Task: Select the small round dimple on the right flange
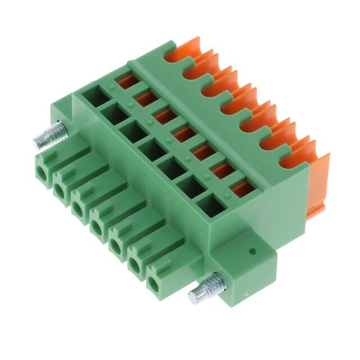coord(253,250)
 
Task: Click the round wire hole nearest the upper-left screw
coord(40,169)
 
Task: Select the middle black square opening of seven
coord(151,149)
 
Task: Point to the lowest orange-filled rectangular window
coord(242,188)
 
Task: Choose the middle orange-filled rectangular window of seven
coord(183,134)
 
